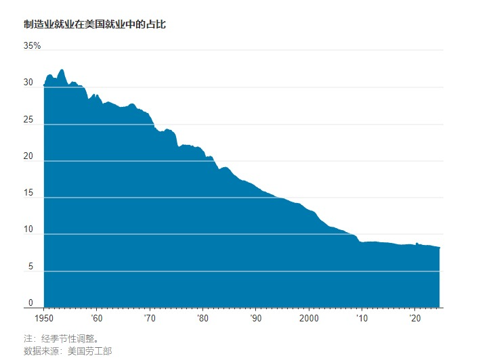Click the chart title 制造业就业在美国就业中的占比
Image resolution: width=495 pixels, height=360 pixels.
click(95, 24)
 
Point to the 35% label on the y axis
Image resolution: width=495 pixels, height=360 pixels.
click(33, 46)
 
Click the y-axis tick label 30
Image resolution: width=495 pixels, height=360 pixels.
click(28, 83)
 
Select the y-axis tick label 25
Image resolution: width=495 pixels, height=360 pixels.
click(28, 120)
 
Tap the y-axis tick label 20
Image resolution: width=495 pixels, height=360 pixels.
click(28, 156)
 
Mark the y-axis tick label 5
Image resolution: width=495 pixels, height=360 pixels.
click(30, 267)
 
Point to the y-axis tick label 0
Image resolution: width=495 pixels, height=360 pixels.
click(30, 303)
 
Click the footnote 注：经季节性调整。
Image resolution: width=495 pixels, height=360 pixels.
click(66, 338)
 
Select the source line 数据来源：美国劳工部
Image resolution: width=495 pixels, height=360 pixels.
click(68, 351)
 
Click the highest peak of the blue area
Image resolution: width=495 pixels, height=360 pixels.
click(62, 70)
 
